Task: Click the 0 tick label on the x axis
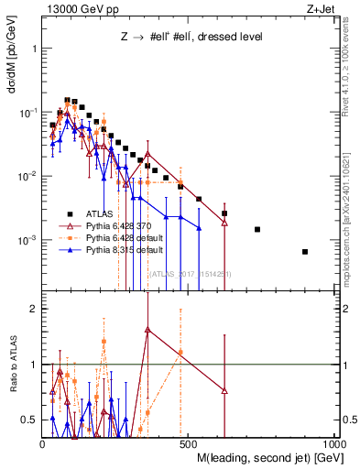point(44,442)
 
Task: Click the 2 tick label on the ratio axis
point(34,309)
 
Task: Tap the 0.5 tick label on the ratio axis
point(29,420)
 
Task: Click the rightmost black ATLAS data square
point(305,252)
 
